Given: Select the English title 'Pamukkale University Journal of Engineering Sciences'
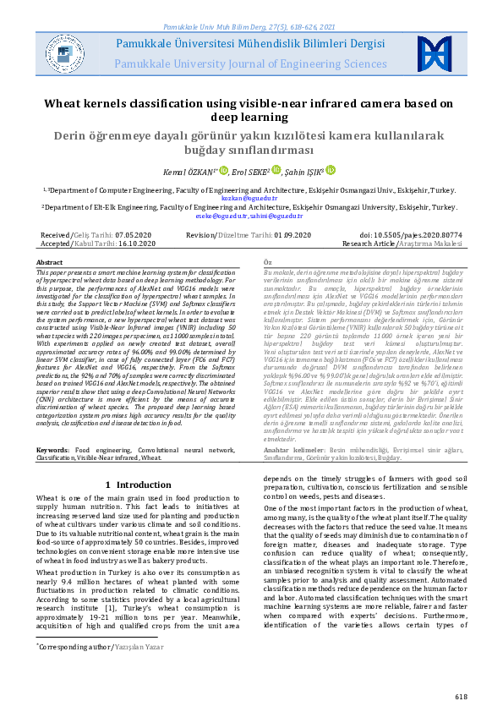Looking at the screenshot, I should (250, 63).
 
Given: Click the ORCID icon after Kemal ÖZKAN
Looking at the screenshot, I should (224, 170).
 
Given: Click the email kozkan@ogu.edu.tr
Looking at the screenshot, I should (250, 197).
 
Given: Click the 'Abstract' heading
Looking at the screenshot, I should (50, 263).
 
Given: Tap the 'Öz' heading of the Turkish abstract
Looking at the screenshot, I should (269, 263).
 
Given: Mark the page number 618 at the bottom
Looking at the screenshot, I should (460, 696).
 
